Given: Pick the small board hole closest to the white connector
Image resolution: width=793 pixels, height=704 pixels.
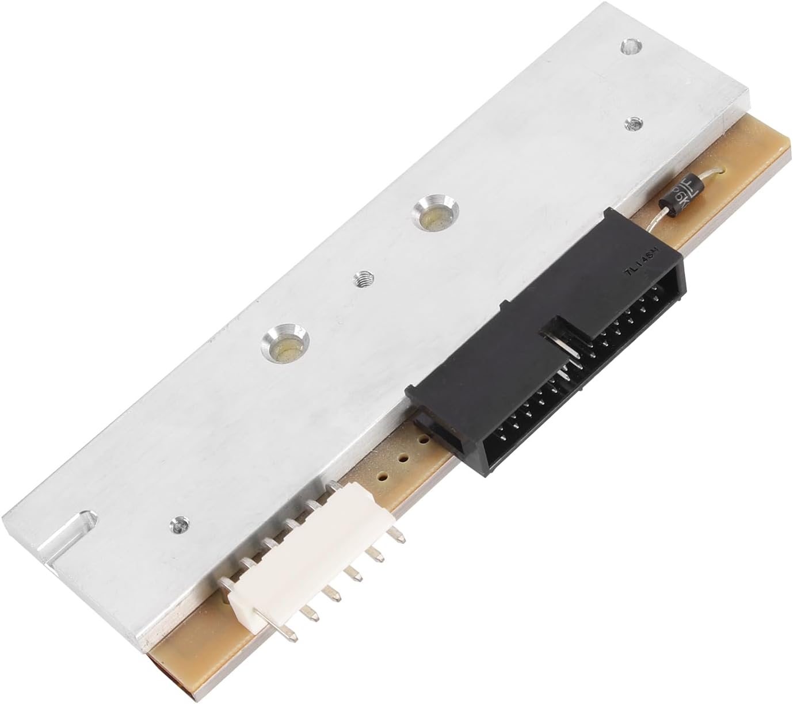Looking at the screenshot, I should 381,477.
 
